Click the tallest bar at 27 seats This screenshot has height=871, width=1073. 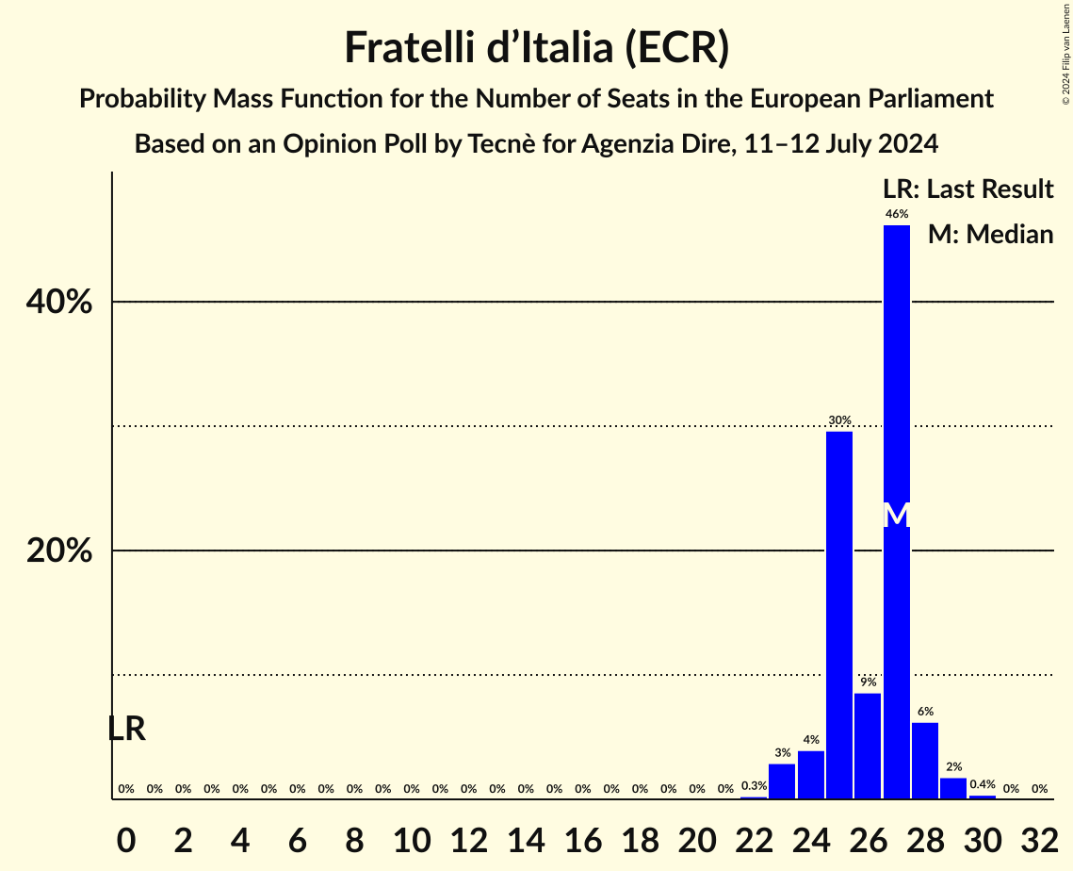(897, 377)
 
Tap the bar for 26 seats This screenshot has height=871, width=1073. (868, 746)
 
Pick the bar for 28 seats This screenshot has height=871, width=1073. (925, 760)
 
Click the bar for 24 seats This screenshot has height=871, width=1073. (811, 774)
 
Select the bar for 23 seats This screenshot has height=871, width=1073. (782, 781)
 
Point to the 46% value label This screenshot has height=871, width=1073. (897, 214)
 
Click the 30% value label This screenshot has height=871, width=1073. (839, 420)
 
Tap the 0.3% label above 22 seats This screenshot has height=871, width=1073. (754, 786)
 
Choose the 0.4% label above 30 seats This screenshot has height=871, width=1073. (983, 784)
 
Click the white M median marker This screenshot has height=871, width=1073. (897, 515)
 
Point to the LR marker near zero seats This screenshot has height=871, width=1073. (126, 729)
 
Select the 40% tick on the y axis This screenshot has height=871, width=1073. (59, 303)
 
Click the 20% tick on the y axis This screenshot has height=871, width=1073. (59, 551)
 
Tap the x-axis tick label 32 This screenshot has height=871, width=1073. (1039, 836)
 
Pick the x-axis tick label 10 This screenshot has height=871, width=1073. (412, 836)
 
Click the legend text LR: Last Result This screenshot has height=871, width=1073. (967, 189)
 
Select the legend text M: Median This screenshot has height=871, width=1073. (990, 235)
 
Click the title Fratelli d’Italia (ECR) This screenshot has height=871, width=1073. (536, 48)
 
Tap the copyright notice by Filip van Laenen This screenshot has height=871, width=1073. (1065, 53)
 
